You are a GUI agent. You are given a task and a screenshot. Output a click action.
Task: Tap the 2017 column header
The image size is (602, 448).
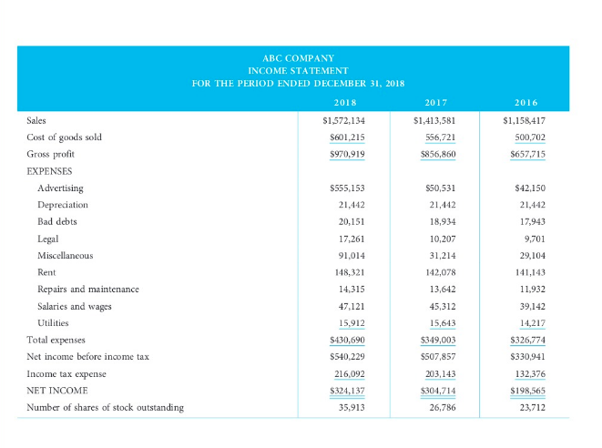point(435,103)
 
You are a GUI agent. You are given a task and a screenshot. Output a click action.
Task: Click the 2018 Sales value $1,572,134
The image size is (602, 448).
point(344,120)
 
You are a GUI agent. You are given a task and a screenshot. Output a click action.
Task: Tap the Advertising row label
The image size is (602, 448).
point(60,188)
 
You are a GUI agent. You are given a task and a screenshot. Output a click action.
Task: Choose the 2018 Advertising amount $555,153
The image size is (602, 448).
point(344,188)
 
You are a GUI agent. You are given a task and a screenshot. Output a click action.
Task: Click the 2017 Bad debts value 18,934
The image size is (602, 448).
point(441,221)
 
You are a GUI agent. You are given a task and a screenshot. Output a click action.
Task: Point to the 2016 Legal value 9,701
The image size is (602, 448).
point(532,238)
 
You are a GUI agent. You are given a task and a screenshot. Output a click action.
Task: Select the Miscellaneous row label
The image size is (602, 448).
point(65,255)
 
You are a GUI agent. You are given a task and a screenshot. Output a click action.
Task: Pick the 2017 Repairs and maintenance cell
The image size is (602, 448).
point(441,289)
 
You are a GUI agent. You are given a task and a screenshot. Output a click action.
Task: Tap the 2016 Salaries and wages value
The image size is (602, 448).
point(529,306)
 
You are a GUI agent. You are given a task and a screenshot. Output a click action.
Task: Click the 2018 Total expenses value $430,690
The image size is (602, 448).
point(344,340)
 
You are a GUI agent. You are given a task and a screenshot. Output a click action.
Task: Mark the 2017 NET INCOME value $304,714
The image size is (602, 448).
point(435,390)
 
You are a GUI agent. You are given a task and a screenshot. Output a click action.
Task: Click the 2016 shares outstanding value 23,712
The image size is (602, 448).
point(529,407)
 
